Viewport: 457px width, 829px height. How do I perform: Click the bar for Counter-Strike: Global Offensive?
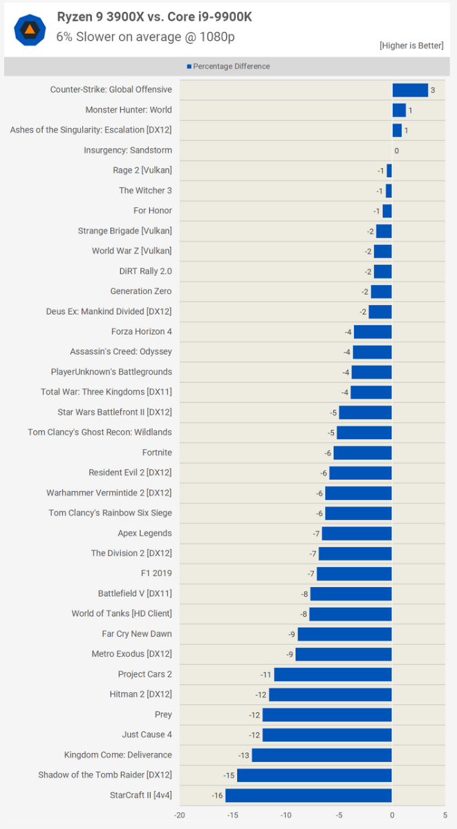410,90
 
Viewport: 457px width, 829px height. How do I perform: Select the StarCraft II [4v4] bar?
308,795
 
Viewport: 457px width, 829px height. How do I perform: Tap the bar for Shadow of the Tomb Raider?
314,775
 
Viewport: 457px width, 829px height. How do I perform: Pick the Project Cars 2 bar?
333,674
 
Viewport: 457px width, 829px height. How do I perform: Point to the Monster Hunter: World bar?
399,110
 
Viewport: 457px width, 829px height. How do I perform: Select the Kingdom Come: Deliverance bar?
321,755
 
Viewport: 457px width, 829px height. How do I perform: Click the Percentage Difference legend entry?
228,66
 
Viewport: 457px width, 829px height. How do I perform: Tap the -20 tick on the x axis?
180,814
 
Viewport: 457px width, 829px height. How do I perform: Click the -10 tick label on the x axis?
286,814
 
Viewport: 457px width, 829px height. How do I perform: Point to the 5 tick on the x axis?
445,814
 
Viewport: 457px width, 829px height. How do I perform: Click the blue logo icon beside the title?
30,29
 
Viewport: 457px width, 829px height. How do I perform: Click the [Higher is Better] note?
411,46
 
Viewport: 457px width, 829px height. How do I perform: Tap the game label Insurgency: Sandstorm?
128,150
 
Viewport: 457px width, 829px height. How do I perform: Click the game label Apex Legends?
144,533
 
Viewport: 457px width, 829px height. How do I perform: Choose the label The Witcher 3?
145,190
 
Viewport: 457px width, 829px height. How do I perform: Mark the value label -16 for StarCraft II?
217,796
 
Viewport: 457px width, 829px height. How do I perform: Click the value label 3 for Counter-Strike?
433,91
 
